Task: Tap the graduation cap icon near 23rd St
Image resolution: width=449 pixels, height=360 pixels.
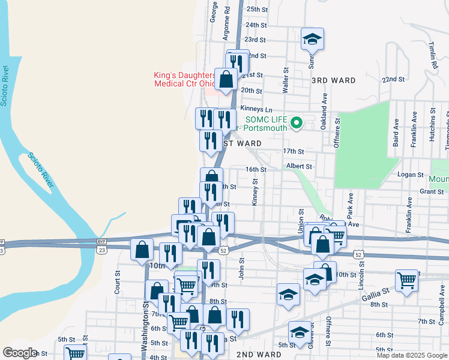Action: coord(312,40)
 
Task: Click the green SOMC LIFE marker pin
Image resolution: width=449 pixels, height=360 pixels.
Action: coord(296,124)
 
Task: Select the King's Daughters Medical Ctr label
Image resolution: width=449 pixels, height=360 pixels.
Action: coord(184,79)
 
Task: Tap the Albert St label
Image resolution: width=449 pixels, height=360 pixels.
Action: coord(299,166)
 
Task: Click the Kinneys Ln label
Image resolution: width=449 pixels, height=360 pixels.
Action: coord(256,109)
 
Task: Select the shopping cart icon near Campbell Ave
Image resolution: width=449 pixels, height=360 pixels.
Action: coord(406,280)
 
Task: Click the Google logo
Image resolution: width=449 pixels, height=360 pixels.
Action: coord(20,353)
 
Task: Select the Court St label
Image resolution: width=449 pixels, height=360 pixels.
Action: coord(118,285)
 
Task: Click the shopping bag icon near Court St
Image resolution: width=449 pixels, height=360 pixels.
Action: coord(142,250)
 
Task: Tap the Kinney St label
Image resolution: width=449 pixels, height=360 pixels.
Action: coord(255,193)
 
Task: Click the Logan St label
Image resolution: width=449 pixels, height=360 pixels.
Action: coord(411,174)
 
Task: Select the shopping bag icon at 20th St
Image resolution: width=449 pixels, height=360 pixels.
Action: coord(226,79)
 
